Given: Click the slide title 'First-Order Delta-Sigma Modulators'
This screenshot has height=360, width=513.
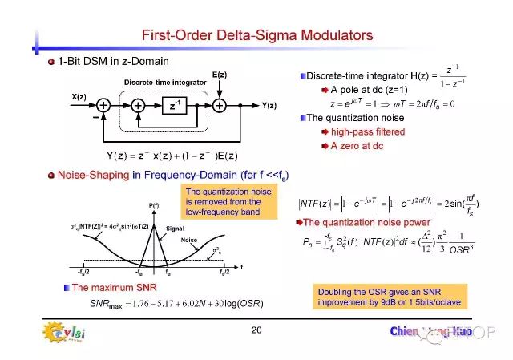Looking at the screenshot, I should coord(256,35).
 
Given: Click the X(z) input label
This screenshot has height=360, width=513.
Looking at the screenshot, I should coord(79,97).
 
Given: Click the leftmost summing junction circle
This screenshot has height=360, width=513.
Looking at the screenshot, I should coord(103,104).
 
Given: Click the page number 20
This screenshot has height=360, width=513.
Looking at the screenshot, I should coord(256,330).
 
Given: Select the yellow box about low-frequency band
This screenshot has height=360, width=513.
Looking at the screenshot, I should coord(229,201).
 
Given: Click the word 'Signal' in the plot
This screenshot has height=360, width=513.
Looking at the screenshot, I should coord(175,228).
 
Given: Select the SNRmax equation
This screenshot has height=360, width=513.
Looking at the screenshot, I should coord(188,302).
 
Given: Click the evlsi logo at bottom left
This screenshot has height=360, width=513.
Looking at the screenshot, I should coord(62,330).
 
